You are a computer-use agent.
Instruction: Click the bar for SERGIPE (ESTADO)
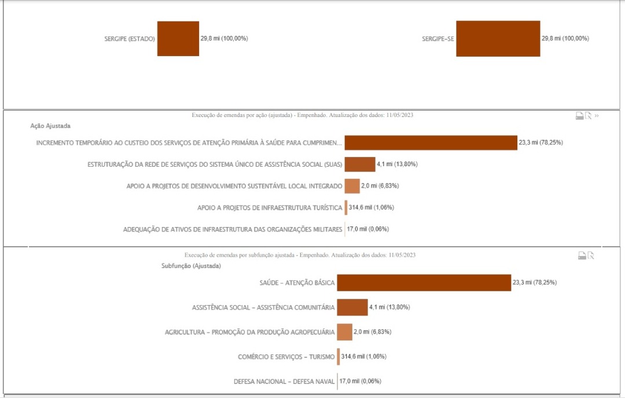[178, 39]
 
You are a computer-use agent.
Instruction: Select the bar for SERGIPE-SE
[498, 39]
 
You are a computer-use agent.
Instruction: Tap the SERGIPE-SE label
[438, 39]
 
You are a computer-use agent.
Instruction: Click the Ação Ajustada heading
[50, 126]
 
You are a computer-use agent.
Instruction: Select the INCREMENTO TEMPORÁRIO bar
[431, 142]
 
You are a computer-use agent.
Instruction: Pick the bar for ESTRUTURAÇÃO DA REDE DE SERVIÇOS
[360, 164]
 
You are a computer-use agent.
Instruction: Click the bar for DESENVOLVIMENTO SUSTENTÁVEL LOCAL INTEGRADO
[352, 186]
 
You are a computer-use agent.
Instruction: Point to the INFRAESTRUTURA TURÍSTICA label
[270, 207]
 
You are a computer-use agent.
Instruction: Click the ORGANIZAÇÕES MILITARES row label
[233, 229]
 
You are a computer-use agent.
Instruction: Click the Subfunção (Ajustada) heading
[191, 266]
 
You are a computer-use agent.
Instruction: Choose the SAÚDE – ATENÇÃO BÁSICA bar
[424, 283]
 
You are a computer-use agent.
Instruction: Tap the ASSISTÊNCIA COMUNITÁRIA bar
[352, 307]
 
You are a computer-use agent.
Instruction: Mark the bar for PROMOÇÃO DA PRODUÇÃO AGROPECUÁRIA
[344, 332]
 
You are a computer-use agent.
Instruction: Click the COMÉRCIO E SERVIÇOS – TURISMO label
[286, 357]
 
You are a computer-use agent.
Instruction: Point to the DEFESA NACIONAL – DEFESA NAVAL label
[284, 382]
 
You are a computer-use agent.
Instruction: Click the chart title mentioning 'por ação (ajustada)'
[303, 115]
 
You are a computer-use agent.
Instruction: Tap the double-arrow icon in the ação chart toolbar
[597, 116]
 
